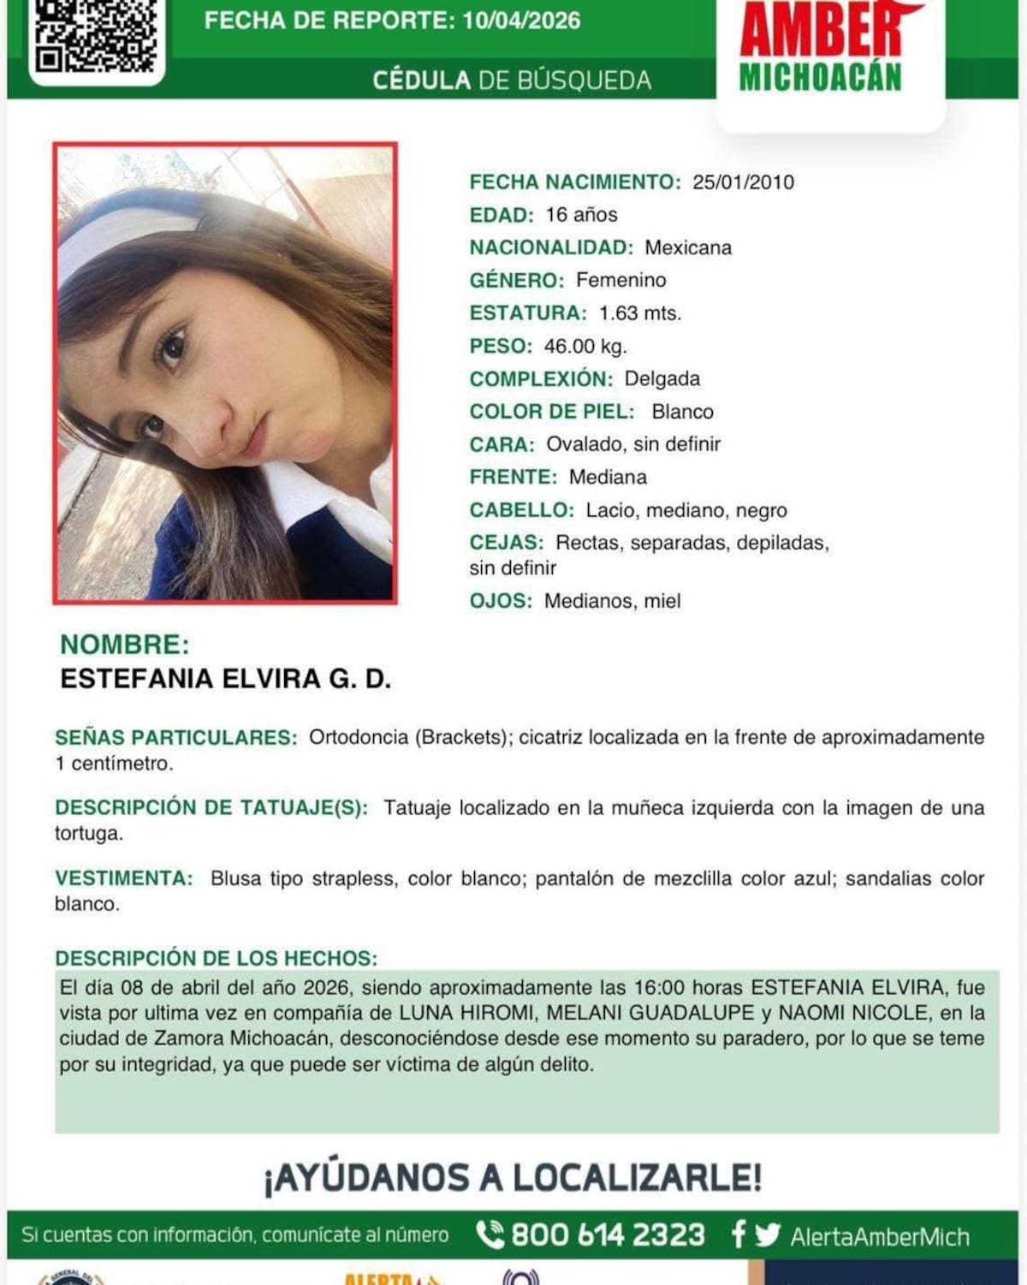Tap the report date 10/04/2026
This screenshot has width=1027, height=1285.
click(521, 21)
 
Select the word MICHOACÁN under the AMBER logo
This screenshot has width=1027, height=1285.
click(820, 77)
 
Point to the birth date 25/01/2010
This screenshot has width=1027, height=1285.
click(743, 182)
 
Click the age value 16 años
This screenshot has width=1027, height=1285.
click(581, 215)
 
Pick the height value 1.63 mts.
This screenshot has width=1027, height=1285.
click(639, 313)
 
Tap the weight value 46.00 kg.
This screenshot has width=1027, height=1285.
click(585, 347)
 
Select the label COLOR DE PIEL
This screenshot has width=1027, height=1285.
click(551, 412)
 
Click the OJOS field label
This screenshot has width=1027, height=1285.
click(500, 601)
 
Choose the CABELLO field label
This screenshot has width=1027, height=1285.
click(520, 510)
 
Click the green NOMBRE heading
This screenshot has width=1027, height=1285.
click(124, 645)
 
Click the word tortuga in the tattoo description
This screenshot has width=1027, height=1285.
click(88, 833)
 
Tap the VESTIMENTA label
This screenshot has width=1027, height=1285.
click(123, 878)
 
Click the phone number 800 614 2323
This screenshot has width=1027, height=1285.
click(608, 1235)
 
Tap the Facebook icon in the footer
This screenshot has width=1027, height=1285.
click(738, 1234)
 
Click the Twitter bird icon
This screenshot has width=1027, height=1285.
click(768, 1234)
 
